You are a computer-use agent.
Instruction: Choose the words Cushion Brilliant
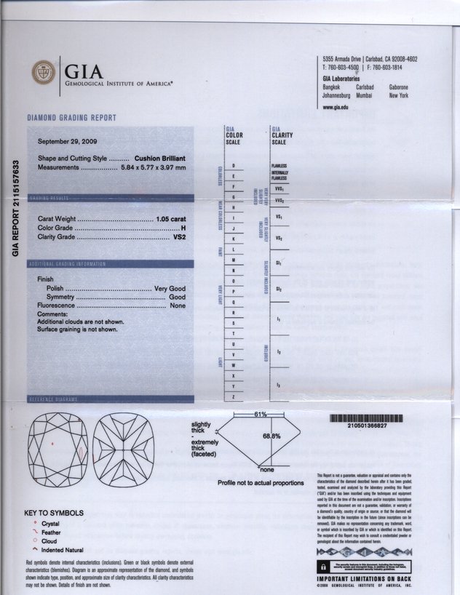[160, 158]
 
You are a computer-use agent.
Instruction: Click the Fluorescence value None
[178, 306]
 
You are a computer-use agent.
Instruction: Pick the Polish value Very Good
[171, 289]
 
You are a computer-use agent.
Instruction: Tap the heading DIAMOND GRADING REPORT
[71, 118]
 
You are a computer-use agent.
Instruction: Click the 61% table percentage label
[260, 413]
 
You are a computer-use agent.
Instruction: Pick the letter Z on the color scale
[232, 396]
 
